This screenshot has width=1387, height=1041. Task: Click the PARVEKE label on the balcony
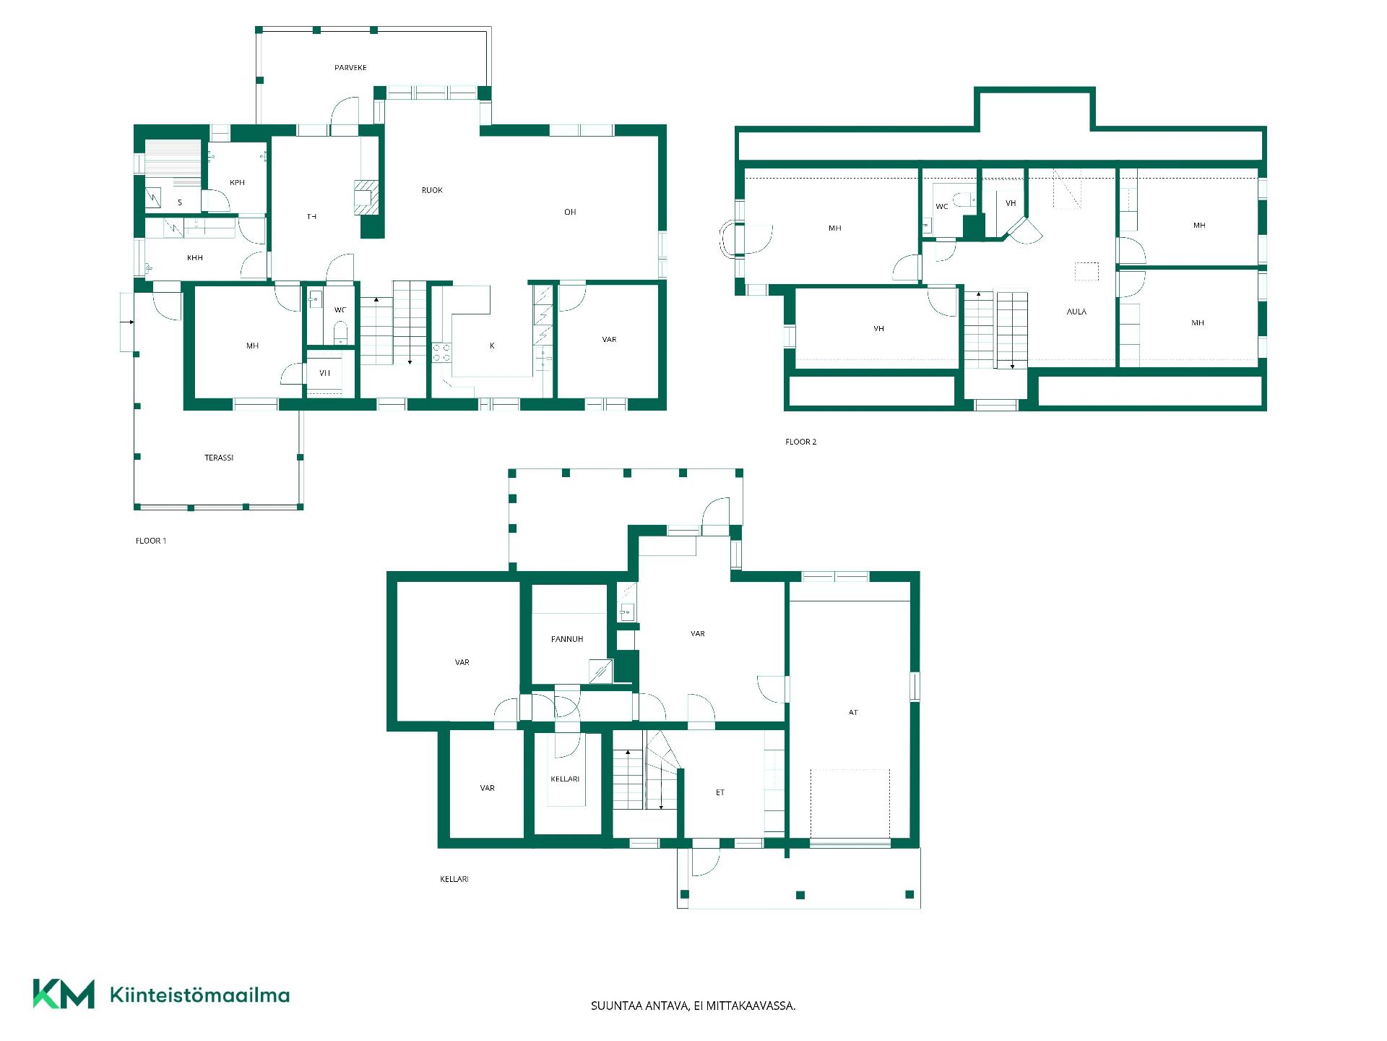click(350, 68)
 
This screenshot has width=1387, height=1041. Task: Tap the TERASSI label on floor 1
click(219, 458)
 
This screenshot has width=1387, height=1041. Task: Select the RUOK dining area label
click(432, 190)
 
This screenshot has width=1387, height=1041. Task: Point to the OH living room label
click(570, 212)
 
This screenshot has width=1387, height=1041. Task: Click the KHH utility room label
click(195, 258)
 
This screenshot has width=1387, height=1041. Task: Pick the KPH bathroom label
click(237, 183)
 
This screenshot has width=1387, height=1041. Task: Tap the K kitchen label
click(492, 346)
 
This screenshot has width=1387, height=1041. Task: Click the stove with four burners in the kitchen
click(441, 353)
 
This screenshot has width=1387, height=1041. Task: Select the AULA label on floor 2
click(1076, 312)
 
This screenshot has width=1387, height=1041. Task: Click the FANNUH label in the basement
click(567, 639)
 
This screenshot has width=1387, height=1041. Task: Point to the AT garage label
click(853, 713)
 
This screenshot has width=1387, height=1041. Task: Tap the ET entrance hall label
click(720, 793)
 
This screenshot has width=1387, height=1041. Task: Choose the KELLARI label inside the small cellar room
click(565, 779)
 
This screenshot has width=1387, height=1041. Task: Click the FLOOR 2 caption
click(800, 442)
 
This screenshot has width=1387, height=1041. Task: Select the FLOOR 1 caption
click(151, 541)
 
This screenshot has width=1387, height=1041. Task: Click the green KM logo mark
click(64, 994)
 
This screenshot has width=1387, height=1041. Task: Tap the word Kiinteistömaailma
click(199, 995)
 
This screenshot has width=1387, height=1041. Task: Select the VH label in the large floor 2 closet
click(878, 329)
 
